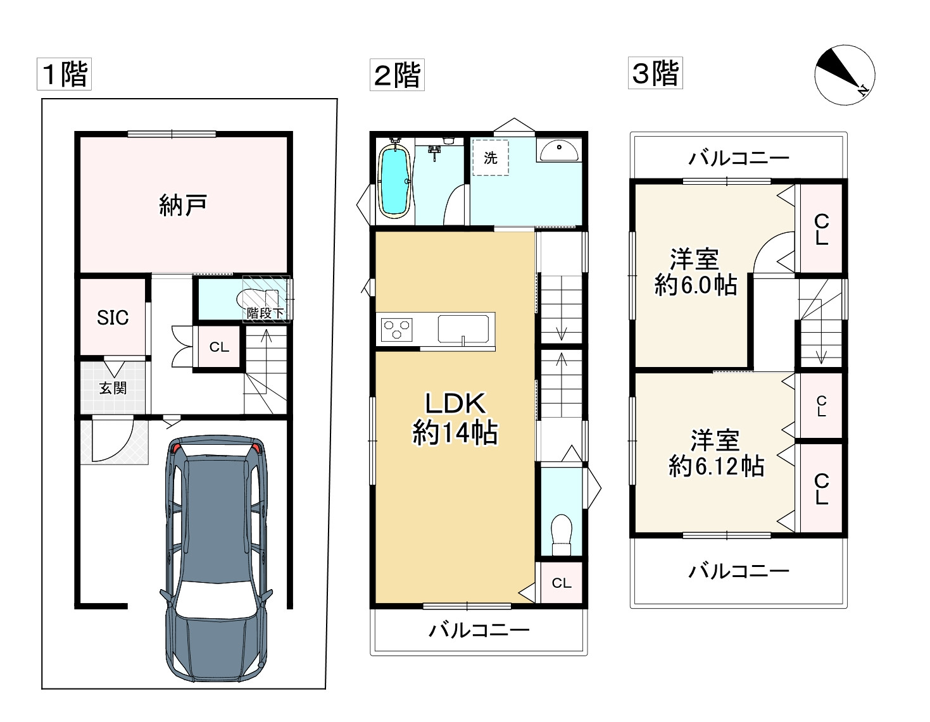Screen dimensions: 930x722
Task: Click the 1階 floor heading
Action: [64, 74]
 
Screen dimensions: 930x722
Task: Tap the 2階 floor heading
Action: [397, 75]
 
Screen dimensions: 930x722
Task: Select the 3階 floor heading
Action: [655, 73]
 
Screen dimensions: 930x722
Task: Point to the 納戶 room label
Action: [183, 205]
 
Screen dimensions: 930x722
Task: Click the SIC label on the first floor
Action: [113, 318]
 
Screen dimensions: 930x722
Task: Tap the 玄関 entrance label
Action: [113, 388]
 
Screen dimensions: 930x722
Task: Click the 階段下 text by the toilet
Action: [265, 313]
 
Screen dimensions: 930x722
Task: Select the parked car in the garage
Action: [216, 559]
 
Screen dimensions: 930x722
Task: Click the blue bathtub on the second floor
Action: [394, 180]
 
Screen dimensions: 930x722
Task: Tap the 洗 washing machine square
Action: [491, 158]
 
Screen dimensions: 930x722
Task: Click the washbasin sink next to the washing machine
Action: [558, 151]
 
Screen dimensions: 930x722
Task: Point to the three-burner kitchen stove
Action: [397, 330]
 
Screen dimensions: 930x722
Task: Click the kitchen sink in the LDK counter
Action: [463, 329]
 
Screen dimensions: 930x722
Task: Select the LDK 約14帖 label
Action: [455, 418]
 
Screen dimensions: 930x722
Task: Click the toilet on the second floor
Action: [562, 535]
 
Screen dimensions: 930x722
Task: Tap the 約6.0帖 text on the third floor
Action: [696, 285]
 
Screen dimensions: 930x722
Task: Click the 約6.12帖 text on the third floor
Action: [717, 466]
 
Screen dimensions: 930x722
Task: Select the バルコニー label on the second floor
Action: [479, 630]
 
